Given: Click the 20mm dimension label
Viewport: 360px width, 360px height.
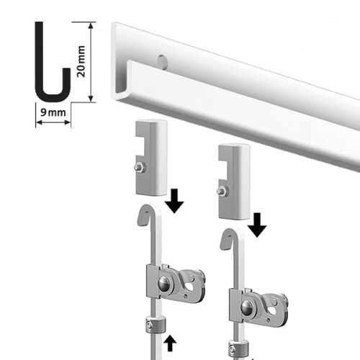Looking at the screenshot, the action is click(x=81, y=61).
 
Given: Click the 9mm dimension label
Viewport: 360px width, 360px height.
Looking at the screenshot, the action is click(x=53, y=112).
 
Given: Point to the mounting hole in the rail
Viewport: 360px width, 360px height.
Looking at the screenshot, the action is click(x=162, y=60).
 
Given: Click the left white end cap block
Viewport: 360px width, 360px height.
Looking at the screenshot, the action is click(x=151, y=158).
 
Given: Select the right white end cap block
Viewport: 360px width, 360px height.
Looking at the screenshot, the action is click(x=234, y=181).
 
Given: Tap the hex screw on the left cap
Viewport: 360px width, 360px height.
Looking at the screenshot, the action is click(x=140, y=168).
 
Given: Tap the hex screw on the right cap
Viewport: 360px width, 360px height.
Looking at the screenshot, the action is click(x=222, y=192).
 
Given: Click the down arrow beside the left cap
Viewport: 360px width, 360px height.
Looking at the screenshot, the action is click(x=174, y=201).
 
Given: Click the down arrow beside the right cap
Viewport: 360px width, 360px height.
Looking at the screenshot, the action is click(x=257, y=225).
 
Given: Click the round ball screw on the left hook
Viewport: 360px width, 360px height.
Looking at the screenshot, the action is click(x=164, y=283).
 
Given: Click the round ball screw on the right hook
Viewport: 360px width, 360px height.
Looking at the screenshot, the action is click(x=247, y=307).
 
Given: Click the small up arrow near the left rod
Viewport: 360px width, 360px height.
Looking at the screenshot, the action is click(x=170, y=343).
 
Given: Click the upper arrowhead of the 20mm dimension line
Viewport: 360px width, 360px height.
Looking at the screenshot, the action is click(x=91, y=26).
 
